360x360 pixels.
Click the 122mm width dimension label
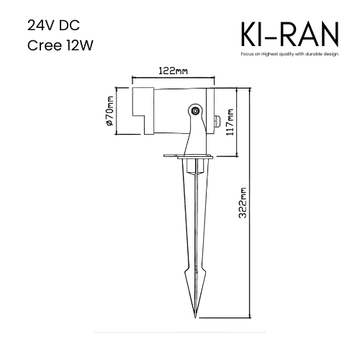click(x=173, y=71)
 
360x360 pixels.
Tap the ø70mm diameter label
click(x=109, y=111)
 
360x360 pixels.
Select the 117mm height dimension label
click(x=230, y=122)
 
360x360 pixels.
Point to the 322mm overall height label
click(x=243, y=203)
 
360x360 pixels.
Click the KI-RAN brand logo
click(x=289, y=35)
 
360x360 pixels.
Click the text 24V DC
click(x=53, y=25)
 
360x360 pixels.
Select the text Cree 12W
click(x=60, y=45)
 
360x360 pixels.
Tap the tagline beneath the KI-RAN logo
click(x=289, y=54)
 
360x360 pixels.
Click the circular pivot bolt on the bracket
click(x=196, y=111)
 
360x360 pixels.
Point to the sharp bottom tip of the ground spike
click(x=195, y=318)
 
